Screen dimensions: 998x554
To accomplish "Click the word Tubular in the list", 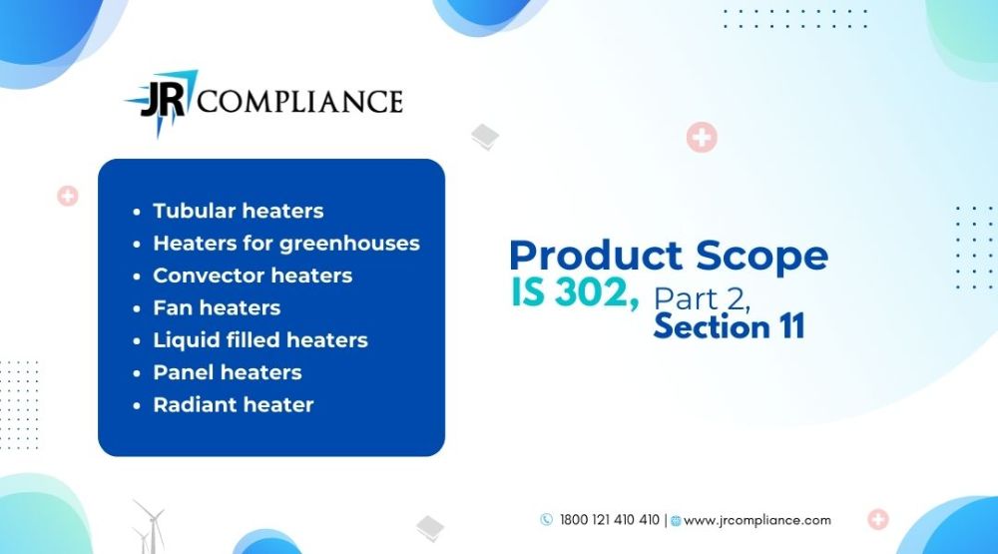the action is pyautogui.click(x=195, y=211).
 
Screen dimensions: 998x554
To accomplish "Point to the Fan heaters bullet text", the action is pyautogui.click(x=217, y=308).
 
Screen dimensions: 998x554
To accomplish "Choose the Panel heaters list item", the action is pyautogui.click(x=228, y=372).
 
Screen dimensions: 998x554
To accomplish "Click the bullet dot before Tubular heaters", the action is pyautogui.click(x=136, y=212).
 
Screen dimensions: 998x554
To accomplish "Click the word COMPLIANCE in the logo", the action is pyautogui.click(x=299, y=102).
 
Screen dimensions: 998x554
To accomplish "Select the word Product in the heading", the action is pyautogui.click(x=596, y=256).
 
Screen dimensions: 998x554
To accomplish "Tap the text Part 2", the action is pyautogui.click(x=702, y=298).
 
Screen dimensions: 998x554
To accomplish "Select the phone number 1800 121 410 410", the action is pyautogui.click(x=610, y=520).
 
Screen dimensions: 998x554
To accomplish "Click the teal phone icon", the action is pyautogui.click(x=546, y=520).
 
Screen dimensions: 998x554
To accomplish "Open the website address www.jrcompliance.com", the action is pyautogui.click(x=756, y=520).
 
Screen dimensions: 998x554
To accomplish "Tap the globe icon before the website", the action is pyautogui.click(x=676, y=521).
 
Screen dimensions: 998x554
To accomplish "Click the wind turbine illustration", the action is pyautogui.click(x=150, y=527).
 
